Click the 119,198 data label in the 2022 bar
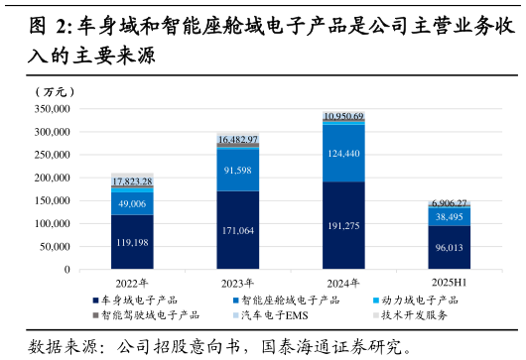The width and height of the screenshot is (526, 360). pos(132,242)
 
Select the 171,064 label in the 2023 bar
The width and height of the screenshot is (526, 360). pos(238,230)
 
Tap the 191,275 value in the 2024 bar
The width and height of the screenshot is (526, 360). pos(343,226)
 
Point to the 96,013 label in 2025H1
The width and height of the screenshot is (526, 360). pos(450,248)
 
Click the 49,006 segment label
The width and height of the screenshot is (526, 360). pos(132,203)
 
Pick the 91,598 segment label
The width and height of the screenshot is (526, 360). pos(238,170)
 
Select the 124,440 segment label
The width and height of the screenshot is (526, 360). pos(343,154)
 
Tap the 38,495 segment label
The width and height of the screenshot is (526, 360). pos(450,216)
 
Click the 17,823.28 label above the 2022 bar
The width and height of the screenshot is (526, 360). pos(132,181)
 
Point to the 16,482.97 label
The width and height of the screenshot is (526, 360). pos(238,140)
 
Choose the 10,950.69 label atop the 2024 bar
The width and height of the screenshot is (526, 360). pos(343,116)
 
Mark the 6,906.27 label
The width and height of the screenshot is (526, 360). pos(450,202)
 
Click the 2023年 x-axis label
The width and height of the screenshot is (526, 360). pos(238,282)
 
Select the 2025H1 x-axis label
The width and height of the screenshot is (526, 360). pos(450,282)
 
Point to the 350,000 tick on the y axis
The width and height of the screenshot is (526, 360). pos(52,109)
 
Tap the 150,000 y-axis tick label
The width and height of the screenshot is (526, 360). pos(52,200)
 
